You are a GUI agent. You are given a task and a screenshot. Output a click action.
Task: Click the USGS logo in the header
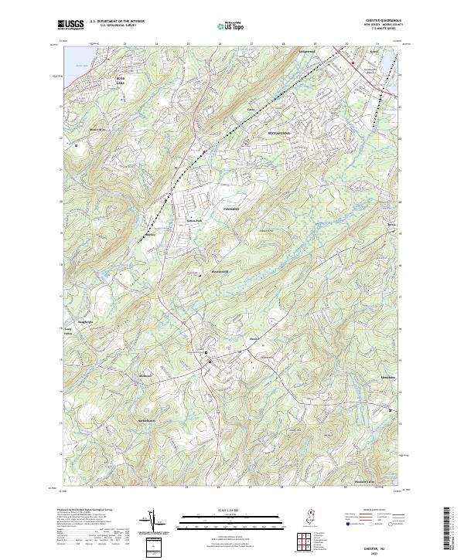pyautogui.click(x=70, y=25)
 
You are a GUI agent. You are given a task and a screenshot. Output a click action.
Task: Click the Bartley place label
pyautogui.click(x=150, y=234)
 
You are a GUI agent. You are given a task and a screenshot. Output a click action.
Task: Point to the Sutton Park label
pyautogui.click(x=193, y=220)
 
